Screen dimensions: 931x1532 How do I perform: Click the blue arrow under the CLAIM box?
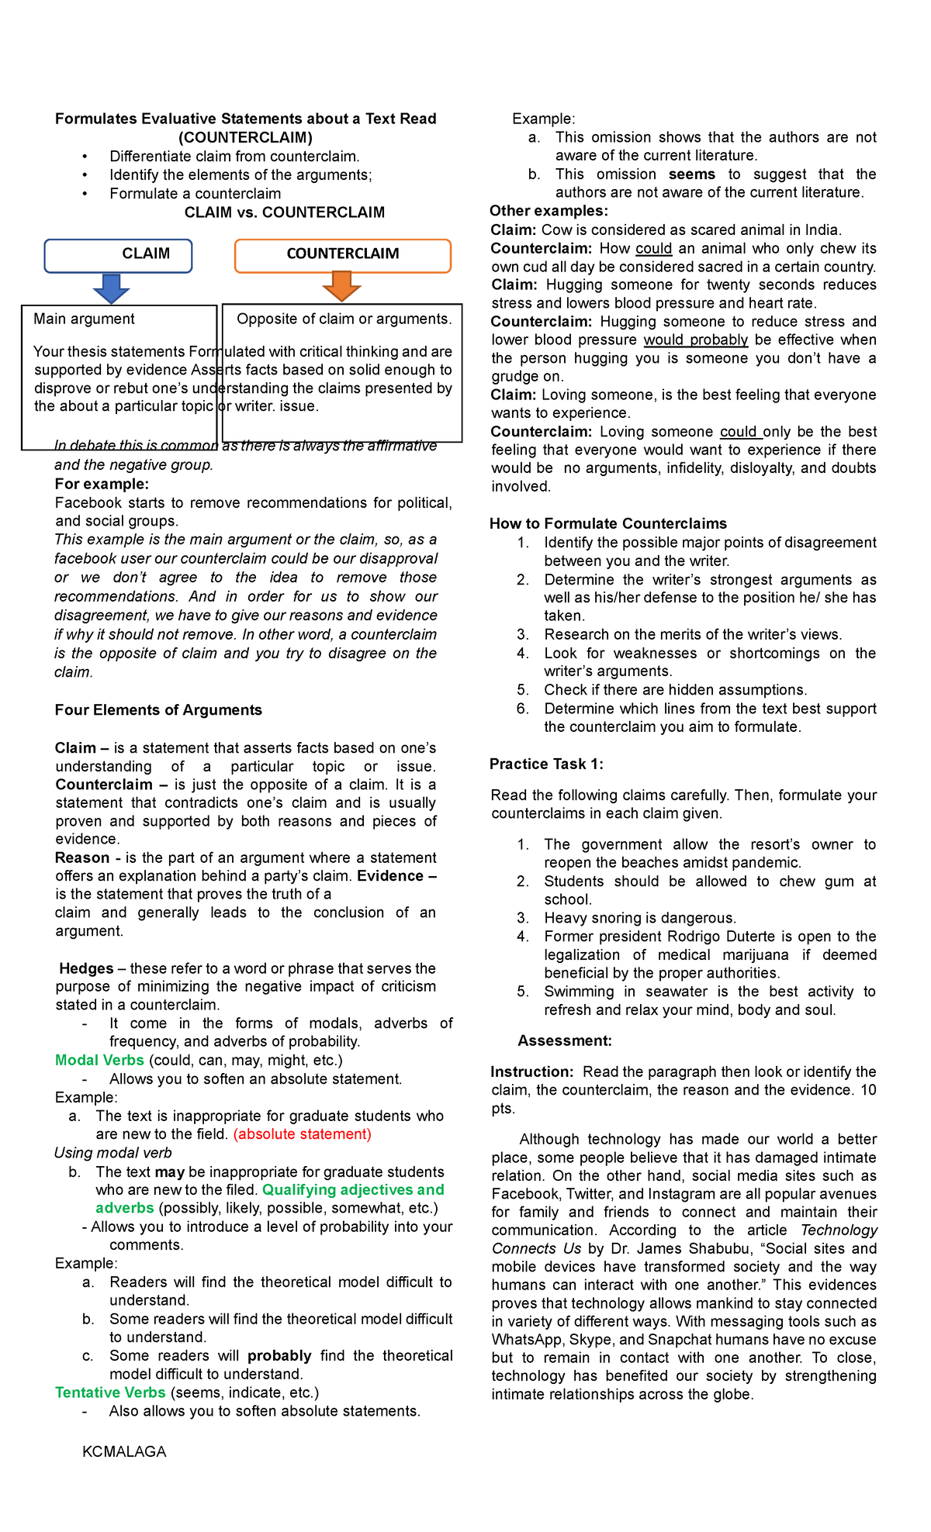click(x=111, y=288)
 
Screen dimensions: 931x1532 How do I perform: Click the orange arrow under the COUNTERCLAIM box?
click(x=341, y=286)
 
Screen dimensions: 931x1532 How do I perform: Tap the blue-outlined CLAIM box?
click(x=118, y=255)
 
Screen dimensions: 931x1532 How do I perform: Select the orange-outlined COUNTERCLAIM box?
click(x=342, y=255)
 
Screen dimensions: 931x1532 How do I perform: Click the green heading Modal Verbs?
click(x=99, y=1060)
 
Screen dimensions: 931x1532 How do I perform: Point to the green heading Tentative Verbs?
click(x=110, y=1392)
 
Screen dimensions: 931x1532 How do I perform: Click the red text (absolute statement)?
click(x=302, y=1134)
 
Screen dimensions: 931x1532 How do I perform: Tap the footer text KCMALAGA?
click(x=124, y=1451)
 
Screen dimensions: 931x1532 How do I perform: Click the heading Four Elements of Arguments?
click(x=158, y=710)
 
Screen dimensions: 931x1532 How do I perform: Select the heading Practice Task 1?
click(x=545, y=764)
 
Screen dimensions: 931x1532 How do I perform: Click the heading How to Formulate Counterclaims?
click(x=607, y=523)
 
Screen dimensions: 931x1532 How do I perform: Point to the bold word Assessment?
click(x=565, y=1040)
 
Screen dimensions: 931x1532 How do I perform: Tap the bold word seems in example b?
click(x=691, y=174)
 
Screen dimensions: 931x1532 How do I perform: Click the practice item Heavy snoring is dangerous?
click(x=639, y=918)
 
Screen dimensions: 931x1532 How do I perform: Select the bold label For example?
click(x=102, y=485)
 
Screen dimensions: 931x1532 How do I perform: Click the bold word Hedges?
click(x=86, y=968)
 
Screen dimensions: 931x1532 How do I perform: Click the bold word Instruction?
click(x=531, y=1071)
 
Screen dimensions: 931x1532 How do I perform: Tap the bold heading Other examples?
click(x=549, y=211)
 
